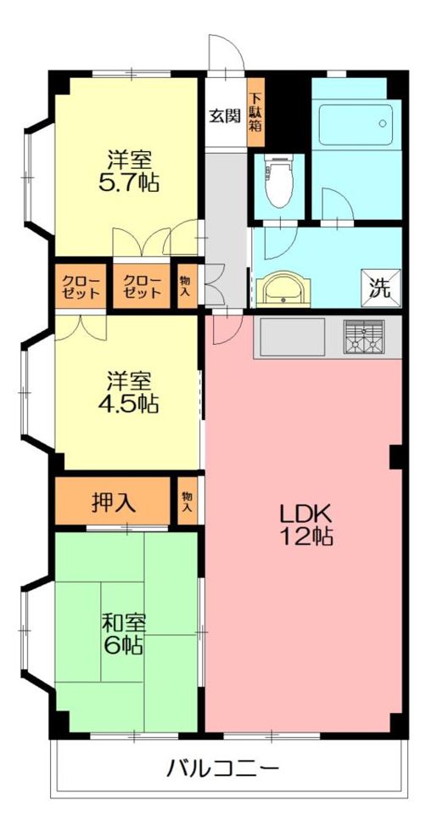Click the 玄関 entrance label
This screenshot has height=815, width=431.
226,116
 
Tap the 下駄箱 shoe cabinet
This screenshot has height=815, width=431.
255,112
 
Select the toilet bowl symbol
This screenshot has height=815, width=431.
279,182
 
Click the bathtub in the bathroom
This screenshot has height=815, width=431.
355,125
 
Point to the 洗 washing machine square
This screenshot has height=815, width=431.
381,288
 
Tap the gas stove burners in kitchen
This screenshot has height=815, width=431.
364,336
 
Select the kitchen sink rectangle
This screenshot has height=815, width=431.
293,337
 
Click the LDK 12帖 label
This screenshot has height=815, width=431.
305,526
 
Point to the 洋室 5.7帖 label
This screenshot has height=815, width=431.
129,171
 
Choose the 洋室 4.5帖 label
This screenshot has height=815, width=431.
129,392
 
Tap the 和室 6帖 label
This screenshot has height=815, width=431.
123,633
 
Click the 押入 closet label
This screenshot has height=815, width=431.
114,502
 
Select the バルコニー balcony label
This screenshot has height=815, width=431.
223,767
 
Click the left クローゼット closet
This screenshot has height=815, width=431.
81,286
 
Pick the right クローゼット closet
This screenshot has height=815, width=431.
142,286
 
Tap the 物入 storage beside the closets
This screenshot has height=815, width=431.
186,286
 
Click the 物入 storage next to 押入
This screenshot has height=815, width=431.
187,501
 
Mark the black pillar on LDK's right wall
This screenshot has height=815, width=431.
397,458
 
